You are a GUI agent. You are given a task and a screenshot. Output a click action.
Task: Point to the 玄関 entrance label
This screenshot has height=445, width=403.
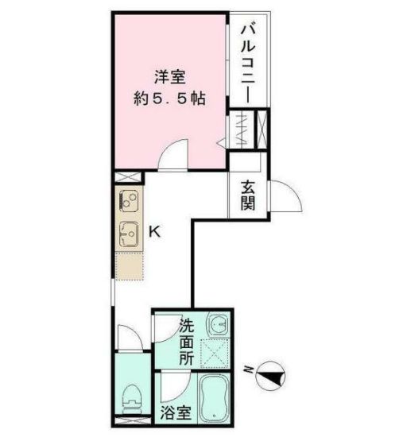tap(248, 195)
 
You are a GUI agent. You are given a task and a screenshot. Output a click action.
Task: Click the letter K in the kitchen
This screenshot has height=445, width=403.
tap(156, 233)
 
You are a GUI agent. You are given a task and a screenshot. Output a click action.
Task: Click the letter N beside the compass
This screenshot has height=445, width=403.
tap(249, 371)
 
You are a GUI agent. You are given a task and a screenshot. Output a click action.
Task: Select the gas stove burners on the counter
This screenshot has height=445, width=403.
tap(128, 199)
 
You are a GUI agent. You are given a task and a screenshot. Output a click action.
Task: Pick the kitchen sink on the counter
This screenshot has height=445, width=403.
tap(128, 233)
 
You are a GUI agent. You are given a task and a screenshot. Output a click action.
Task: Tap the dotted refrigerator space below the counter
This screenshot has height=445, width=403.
tap(128, 265)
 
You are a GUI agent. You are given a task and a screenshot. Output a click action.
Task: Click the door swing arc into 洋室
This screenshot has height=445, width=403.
tap(169, 159)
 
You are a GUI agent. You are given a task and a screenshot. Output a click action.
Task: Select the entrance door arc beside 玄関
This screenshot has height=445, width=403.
tap(288, 199)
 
